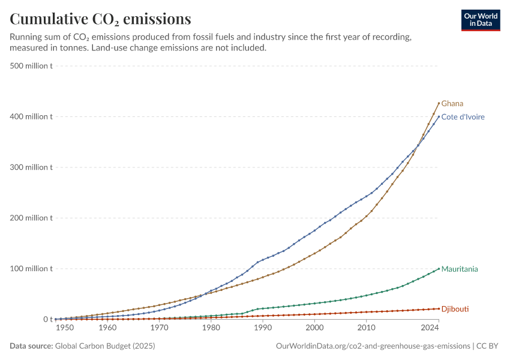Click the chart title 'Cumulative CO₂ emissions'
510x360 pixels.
100,19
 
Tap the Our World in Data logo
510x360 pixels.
481,20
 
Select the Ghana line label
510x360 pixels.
452,103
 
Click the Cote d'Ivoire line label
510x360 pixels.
463,117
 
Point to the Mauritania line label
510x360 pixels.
460,269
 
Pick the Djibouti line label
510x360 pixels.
455,309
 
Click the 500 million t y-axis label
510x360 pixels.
31,65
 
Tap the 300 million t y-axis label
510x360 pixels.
31,167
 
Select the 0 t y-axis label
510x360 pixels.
48,319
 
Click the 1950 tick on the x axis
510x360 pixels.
65,328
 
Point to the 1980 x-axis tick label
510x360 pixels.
211,328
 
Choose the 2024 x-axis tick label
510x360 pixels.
430,328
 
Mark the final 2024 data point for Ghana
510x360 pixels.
439,103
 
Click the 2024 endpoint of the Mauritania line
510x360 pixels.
439,269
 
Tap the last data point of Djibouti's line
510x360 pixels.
439,308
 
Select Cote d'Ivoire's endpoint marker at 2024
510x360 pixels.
439,116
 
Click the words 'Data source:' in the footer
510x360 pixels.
31,346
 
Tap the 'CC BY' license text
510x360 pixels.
487,346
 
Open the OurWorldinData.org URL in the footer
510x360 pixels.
373,346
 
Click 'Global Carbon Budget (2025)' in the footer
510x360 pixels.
105,346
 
